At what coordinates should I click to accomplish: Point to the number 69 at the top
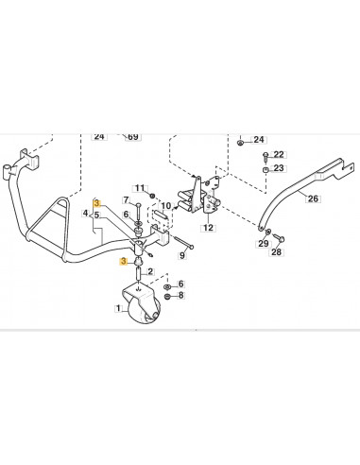pos(133,137)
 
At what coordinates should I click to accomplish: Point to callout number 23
pos(279,168)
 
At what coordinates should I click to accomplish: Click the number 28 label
pos(277,252)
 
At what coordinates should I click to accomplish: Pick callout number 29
pos(263,244)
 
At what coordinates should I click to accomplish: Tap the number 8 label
pos(182,296)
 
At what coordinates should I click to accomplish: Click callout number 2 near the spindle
pos(150,272)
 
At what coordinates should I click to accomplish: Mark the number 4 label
pos(85,215)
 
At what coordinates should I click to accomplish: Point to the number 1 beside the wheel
pos(117,308)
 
